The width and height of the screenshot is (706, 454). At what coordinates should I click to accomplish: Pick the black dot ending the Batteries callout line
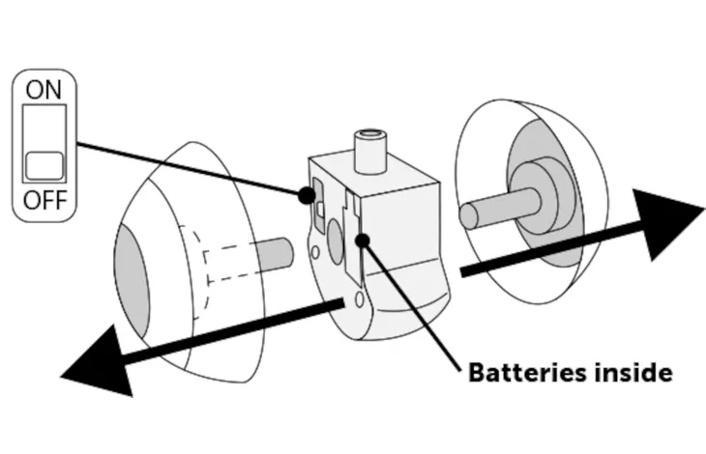[362, 239]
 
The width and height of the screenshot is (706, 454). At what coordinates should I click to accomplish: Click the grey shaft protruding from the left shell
[276, 250]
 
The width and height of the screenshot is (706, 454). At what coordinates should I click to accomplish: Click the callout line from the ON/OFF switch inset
[193, 170]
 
